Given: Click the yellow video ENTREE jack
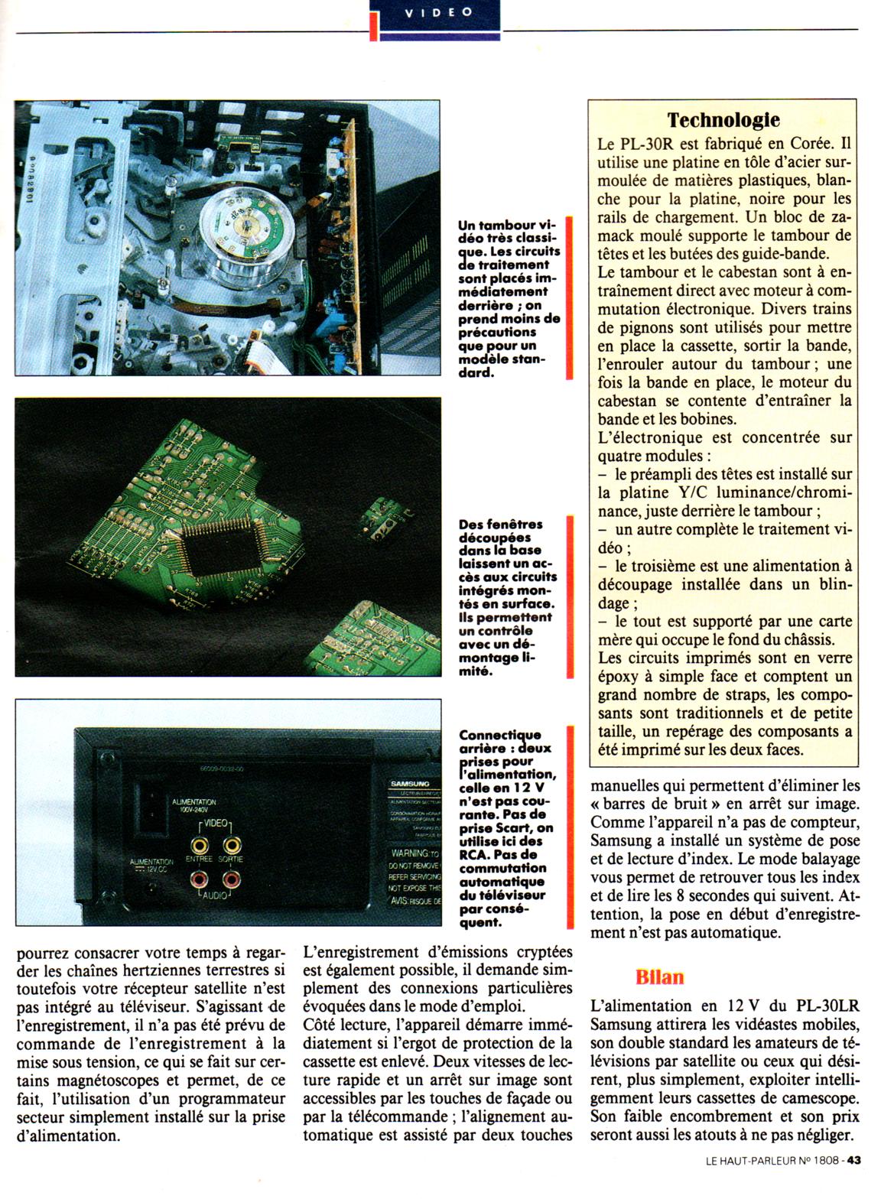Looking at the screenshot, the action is pos(200,845).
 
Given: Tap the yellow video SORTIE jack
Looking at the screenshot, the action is pos(232,845).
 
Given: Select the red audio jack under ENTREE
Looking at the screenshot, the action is pos(201,879).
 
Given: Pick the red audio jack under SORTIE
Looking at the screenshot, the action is pos(231,879).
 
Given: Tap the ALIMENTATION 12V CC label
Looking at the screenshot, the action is pos(151,866).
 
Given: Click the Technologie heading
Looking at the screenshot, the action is pos(723,121).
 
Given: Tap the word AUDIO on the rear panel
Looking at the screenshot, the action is pos(216,894).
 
